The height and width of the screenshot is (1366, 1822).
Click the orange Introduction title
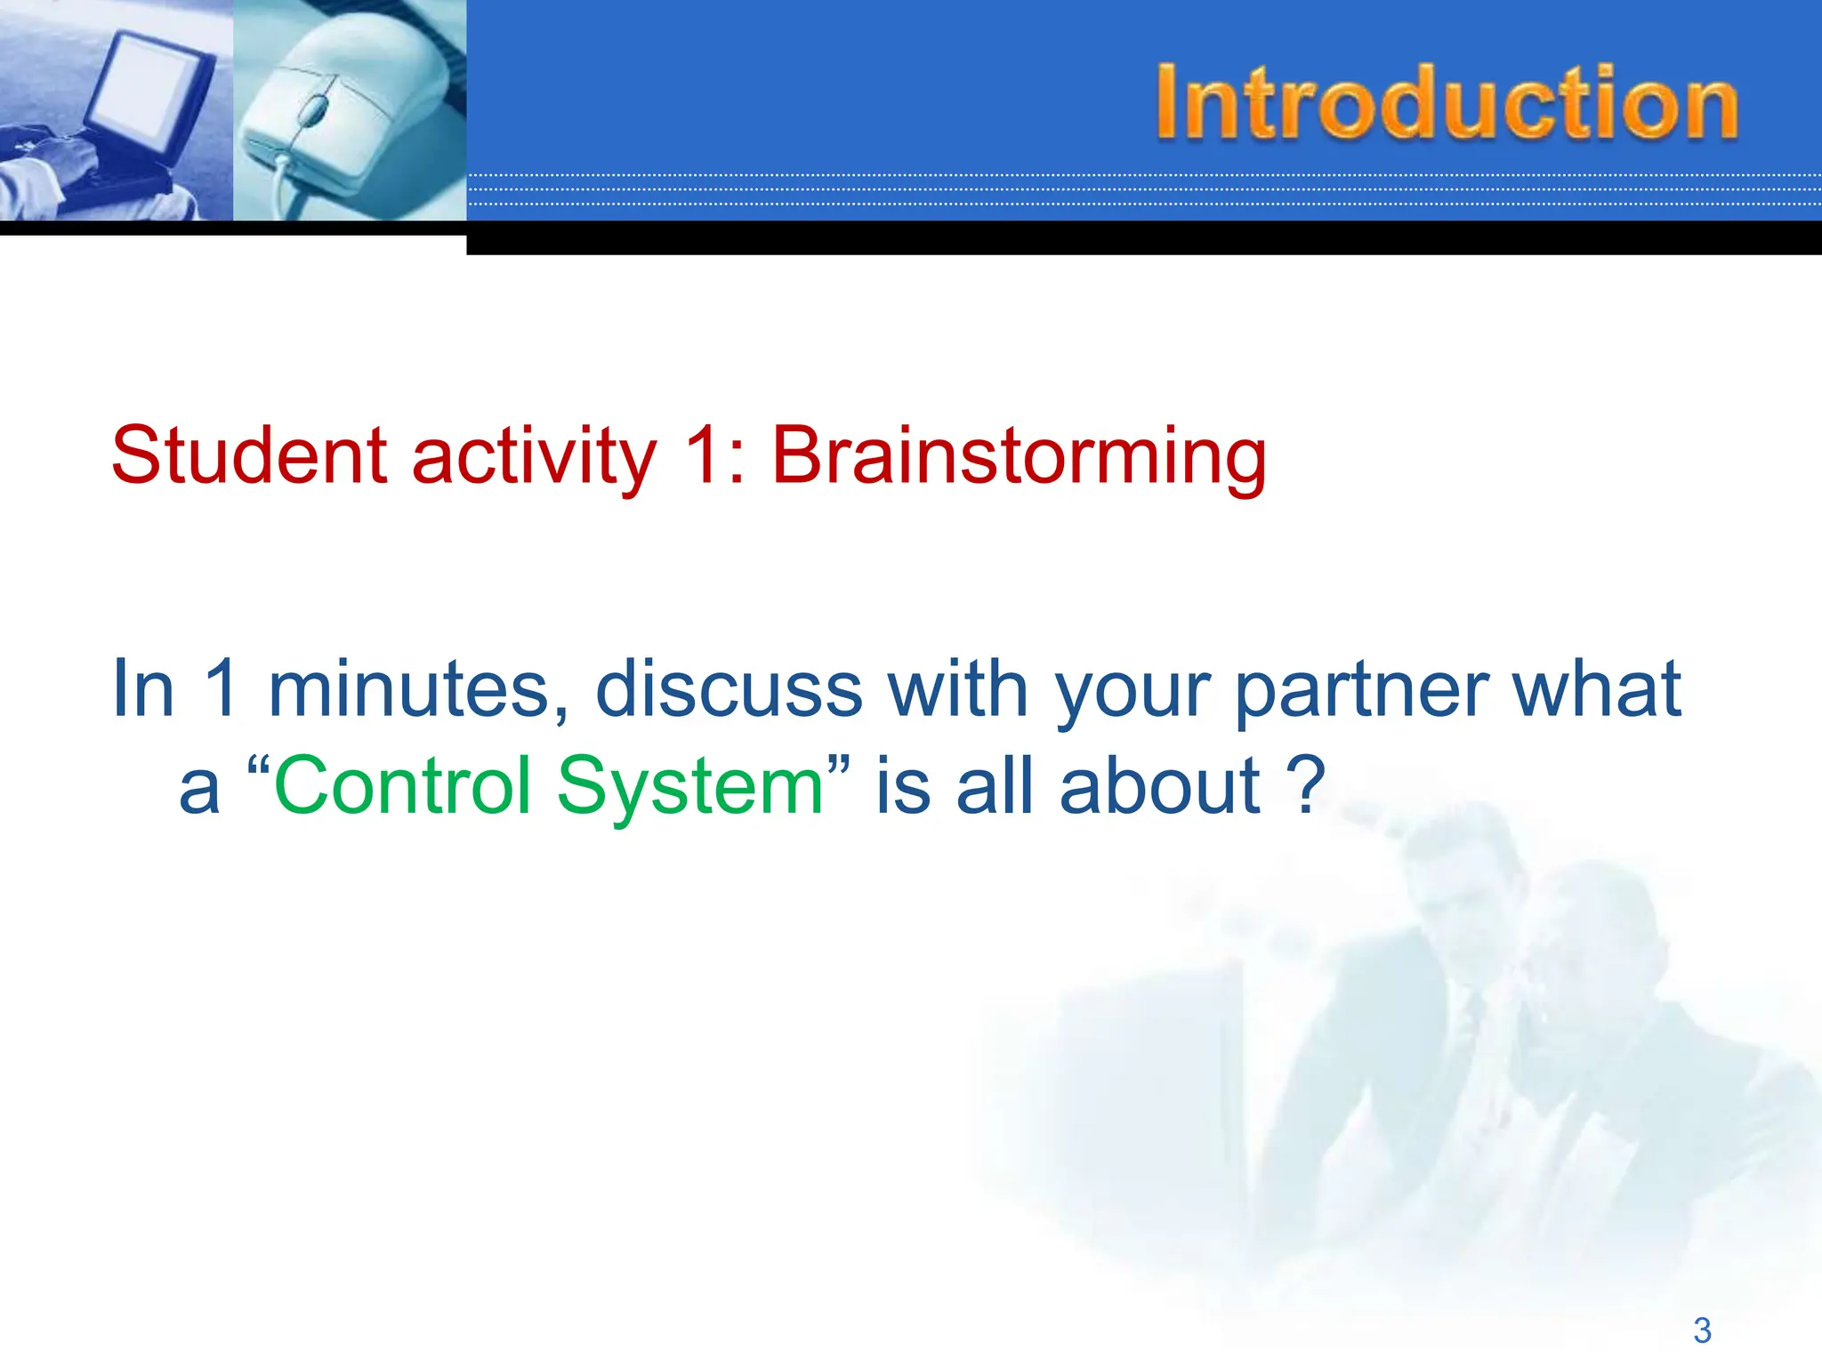coord(1446,103)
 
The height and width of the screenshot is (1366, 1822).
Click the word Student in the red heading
coord(250,455)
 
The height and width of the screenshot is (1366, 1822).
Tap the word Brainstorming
coord(1019,457)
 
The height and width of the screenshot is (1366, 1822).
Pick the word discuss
coord(729,688)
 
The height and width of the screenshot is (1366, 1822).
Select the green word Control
coord(403,786)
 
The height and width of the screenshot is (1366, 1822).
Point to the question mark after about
coord(1306,786)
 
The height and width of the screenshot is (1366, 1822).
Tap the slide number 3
coord(1701,1330)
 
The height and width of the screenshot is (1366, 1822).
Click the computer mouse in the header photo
coord(343,116)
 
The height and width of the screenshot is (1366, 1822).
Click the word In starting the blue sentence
coord(142,688)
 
